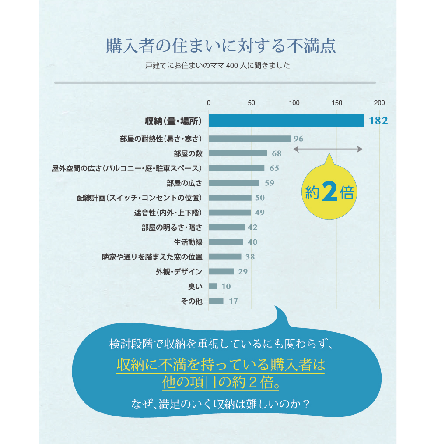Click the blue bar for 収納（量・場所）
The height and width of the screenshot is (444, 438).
[x=286, y=121]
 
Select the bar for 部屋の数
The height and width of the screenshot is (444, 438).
[x=238, y=153]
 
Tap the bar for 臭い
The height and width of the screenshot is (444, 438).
[x=213, y=286]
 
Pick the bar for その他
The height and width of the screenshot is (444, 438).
[x=216, y=301]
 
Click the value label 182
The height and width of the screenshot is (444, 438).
[x=378, y=121]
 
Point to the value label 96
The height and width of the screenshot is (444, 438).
[x=298, y=139]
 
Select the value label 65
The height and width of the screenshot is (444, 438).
[x=274, y=168]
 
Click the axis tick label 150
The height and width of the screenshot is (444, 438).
[x=337, y=103]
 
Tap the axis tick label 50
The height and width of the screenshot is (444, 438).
[x=251, y=103]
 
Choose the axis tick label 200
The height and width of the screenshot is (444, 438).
[x=379, y=103]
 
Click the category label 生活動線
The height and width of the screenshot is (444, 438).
[x=188, y=242]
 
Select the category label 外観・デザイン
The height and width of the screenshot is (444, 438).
[x=179, y=272]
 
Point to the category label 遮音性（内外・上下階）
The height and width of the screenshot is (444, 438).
[x=168, y=213]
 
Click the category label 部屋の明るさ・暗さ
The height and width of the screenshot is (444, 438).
[x=172, y=227]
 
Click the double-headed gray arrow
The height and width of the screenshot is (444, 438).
[x=328, y=149]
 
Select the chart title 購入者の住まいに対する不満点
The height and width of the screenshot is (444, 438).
[x=221, y=46]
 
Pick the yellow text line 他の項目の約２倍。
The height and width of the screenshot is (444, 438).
[x=221, y=382]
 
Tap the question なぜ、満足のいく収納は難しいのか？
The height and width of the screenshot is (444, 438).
[x=221, y=403]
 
